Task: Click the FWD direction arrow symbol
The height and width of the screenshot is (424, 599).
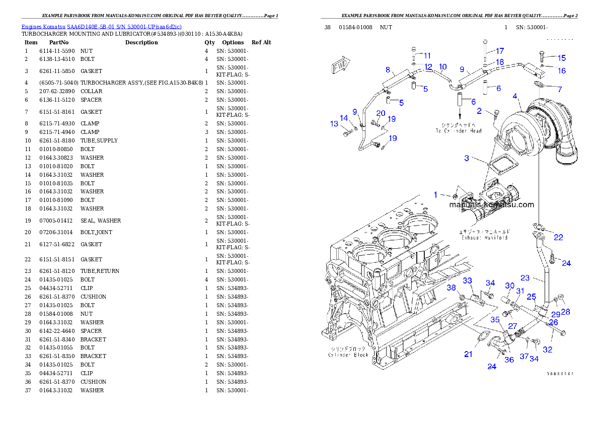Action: [341, 66]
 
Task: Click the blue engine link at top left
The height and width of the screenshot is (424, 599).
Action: [101, 26]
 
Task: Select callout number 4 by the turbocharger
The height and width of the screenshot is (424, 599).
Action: [515, 96]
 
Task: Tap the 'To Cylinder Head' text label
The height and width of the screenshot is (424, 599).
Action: [458, 127]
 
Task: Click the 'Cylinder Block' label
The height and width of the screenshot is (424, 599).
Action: [348, 351]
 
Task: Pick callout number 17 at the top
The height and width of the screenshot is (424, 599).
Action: [499, 51]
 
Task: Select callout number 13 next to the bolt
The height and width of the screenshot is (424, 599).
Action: [334, 124]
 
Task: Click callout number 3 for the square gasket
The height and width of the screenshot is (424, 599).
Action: [467, 158]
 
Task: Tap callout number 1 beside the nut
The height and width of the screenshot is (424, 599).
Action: [436, 194]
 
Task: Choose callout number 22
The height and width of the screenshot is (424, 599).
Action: [558, 237]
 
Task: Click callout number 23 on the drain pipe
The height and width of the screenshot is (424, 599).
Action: [525, 277]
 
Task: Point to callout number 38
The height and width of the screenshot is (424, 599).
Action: [452, 288]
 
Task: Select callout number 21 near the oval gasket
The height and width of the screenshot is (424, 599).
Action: [468, 355]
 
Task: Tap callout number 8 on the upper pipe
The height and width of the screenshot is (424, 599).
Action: [388, 69]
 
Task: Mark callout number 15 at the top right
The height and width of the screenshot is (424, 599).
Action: [561, 58]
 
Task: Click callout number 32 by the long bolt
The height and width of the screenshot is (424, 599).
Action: [547, 349]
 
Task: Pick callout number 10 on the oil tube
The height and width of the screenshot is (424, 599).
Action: [442, 66]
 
